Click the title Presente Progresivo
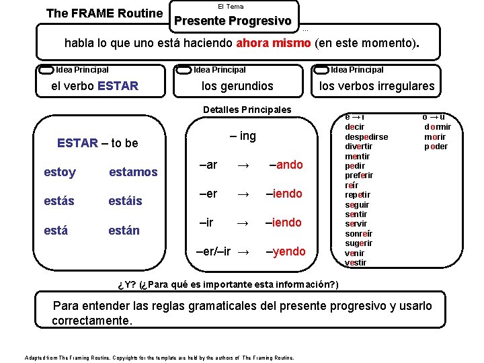[x=233, y=21]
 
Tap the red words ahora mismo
[x=274, y=44]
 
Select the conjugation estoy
[x=60, y=173]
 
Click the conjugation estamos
[x=133, y=173]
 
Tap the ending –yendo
[x=285, y=251]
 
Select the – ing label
[x=243, y=136]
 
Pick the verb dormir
[x=438, y=126]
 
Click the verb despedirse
[x=366, y=136]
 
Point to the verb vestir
[x=356, y=263]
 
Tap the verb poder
[x=436, y=147]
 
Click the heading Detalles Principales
[x=247, y=110]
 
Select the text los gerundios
[x=237, y=86]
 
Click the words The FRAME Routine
[x=104, y=13]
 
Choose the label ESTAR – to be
[x=97, y=143]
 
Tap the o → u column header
[x=434, y=116]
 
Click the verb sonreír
[x=358, y=233]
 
